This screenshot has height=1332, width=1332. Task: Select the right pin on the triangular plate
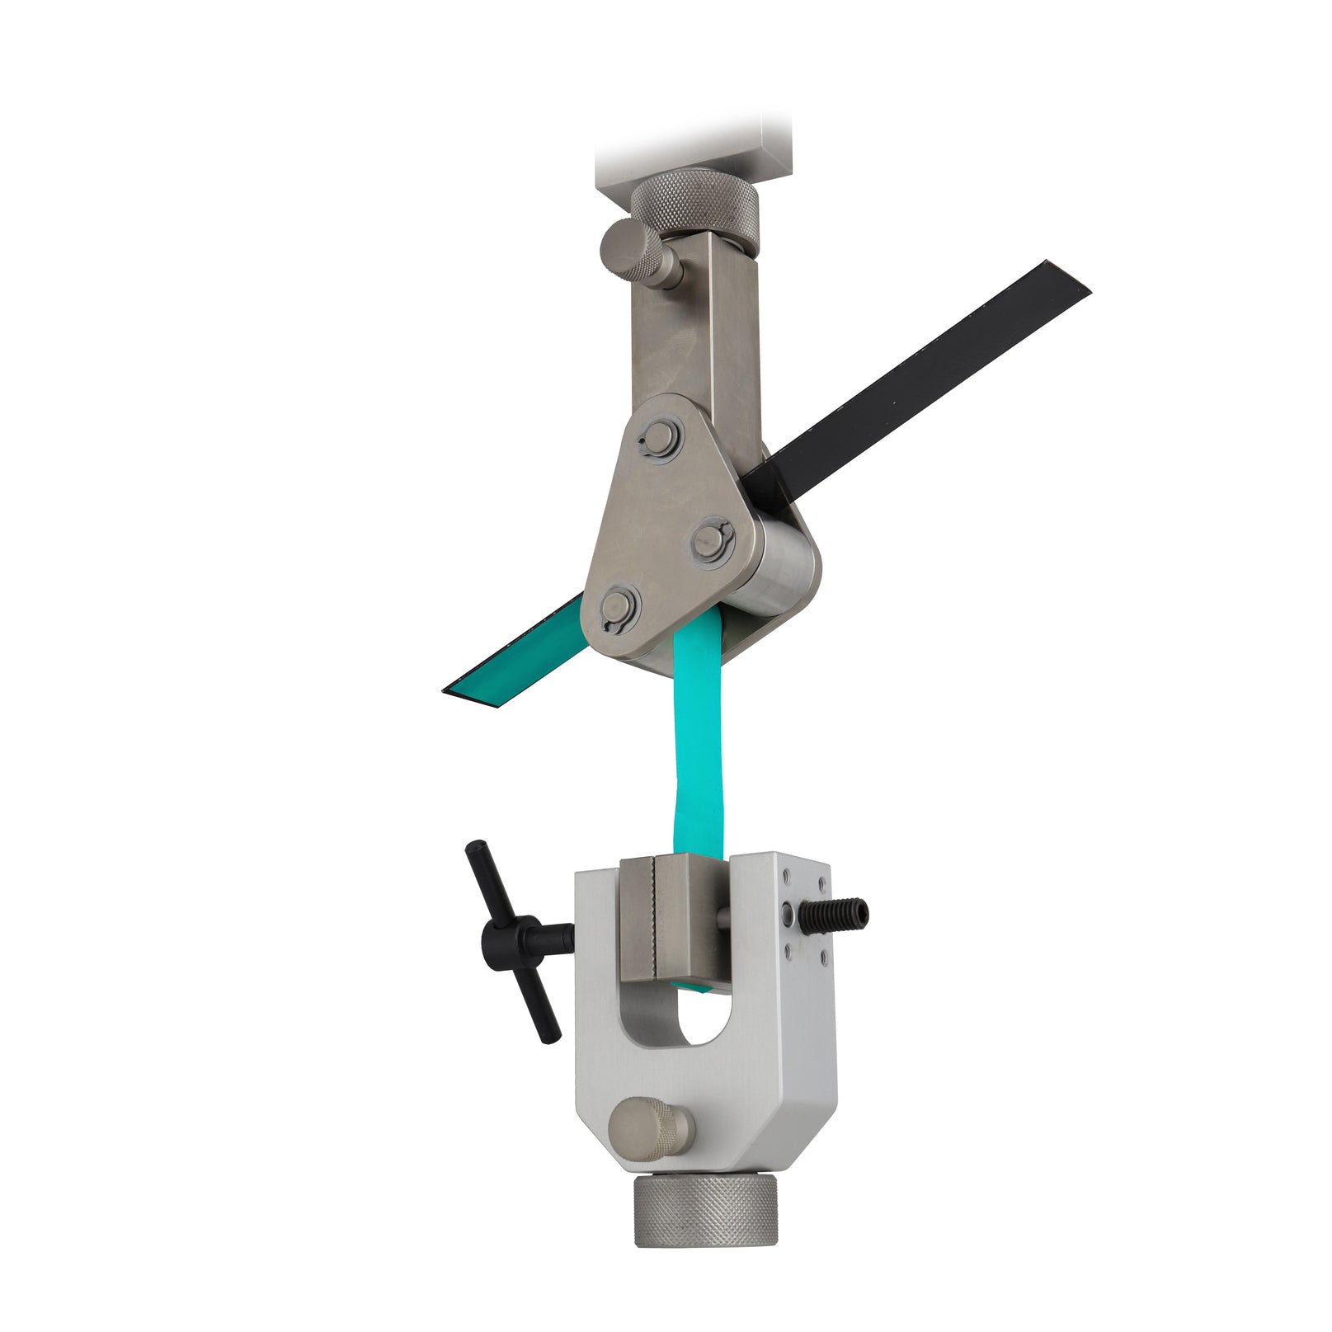pyautogui.click(x=711, y=541)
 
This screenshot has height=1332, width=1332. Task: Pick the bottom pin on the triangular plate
pyautogui.click(x=619, y=609)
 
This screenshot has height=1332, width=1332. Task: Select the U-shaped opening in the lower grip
pyautogui.click(x=701, y=1014)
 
